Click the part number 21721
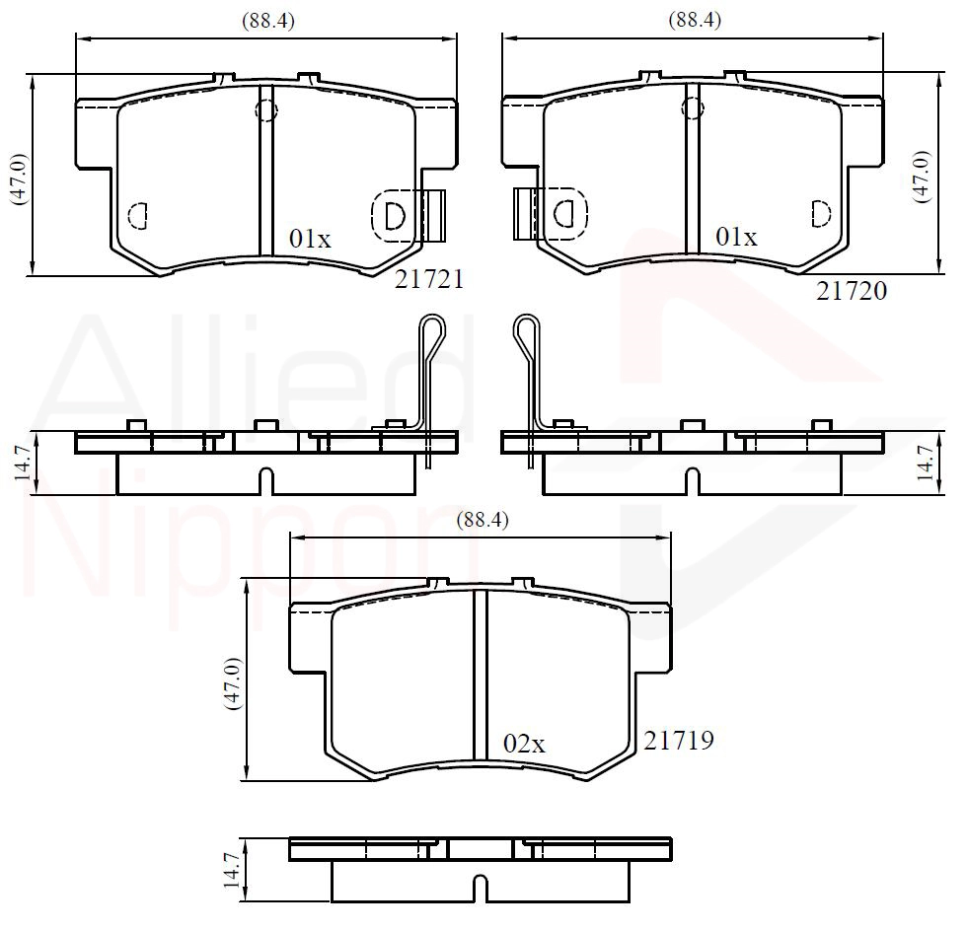pos(429,279)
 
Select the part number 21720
pos(852,291)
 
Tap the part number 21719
pos(679,741)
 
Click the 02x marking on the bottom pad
pos(524,745)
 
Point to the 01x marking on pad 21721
pos(310,239)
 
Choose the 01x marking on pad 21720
pos(736,237)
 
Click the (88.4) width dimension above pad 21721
pos(268,21)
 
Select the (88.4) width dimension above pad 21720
pos(695,21)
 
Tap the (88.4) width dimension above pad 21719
pos(483,521)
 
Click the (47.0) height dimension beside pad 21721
pos(19,179)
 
